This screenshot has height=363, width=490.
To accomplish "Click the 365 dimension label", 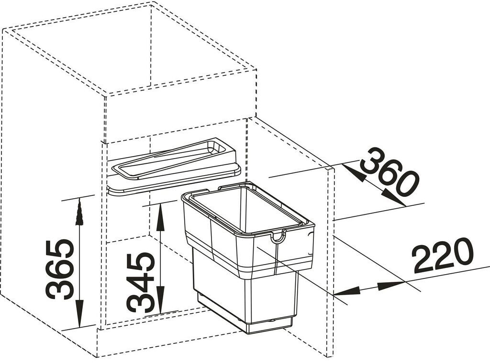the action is click(61, 270).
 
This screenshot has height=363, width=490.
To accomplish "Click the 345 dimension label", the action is click(141, 282).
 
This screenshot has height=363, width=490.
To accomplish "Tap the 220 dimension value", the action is click(442, 256).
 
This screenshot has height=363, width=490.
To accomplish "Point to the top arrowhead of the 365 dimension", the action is click(79, 210).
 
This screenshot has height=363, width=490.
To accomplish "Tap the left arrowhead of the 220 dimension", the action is click(346, 291).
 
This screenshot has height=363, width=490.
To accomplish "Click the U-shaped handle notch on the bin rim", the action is click(278, 236).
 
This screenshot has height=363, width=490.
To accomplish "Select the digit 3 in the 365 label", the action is click(61, 289).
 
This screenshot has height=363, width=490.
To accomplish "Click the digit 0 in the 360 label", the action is click(406, 184).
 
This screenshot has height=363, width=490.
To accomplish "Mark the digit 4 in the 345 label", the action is click(141, 282).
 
